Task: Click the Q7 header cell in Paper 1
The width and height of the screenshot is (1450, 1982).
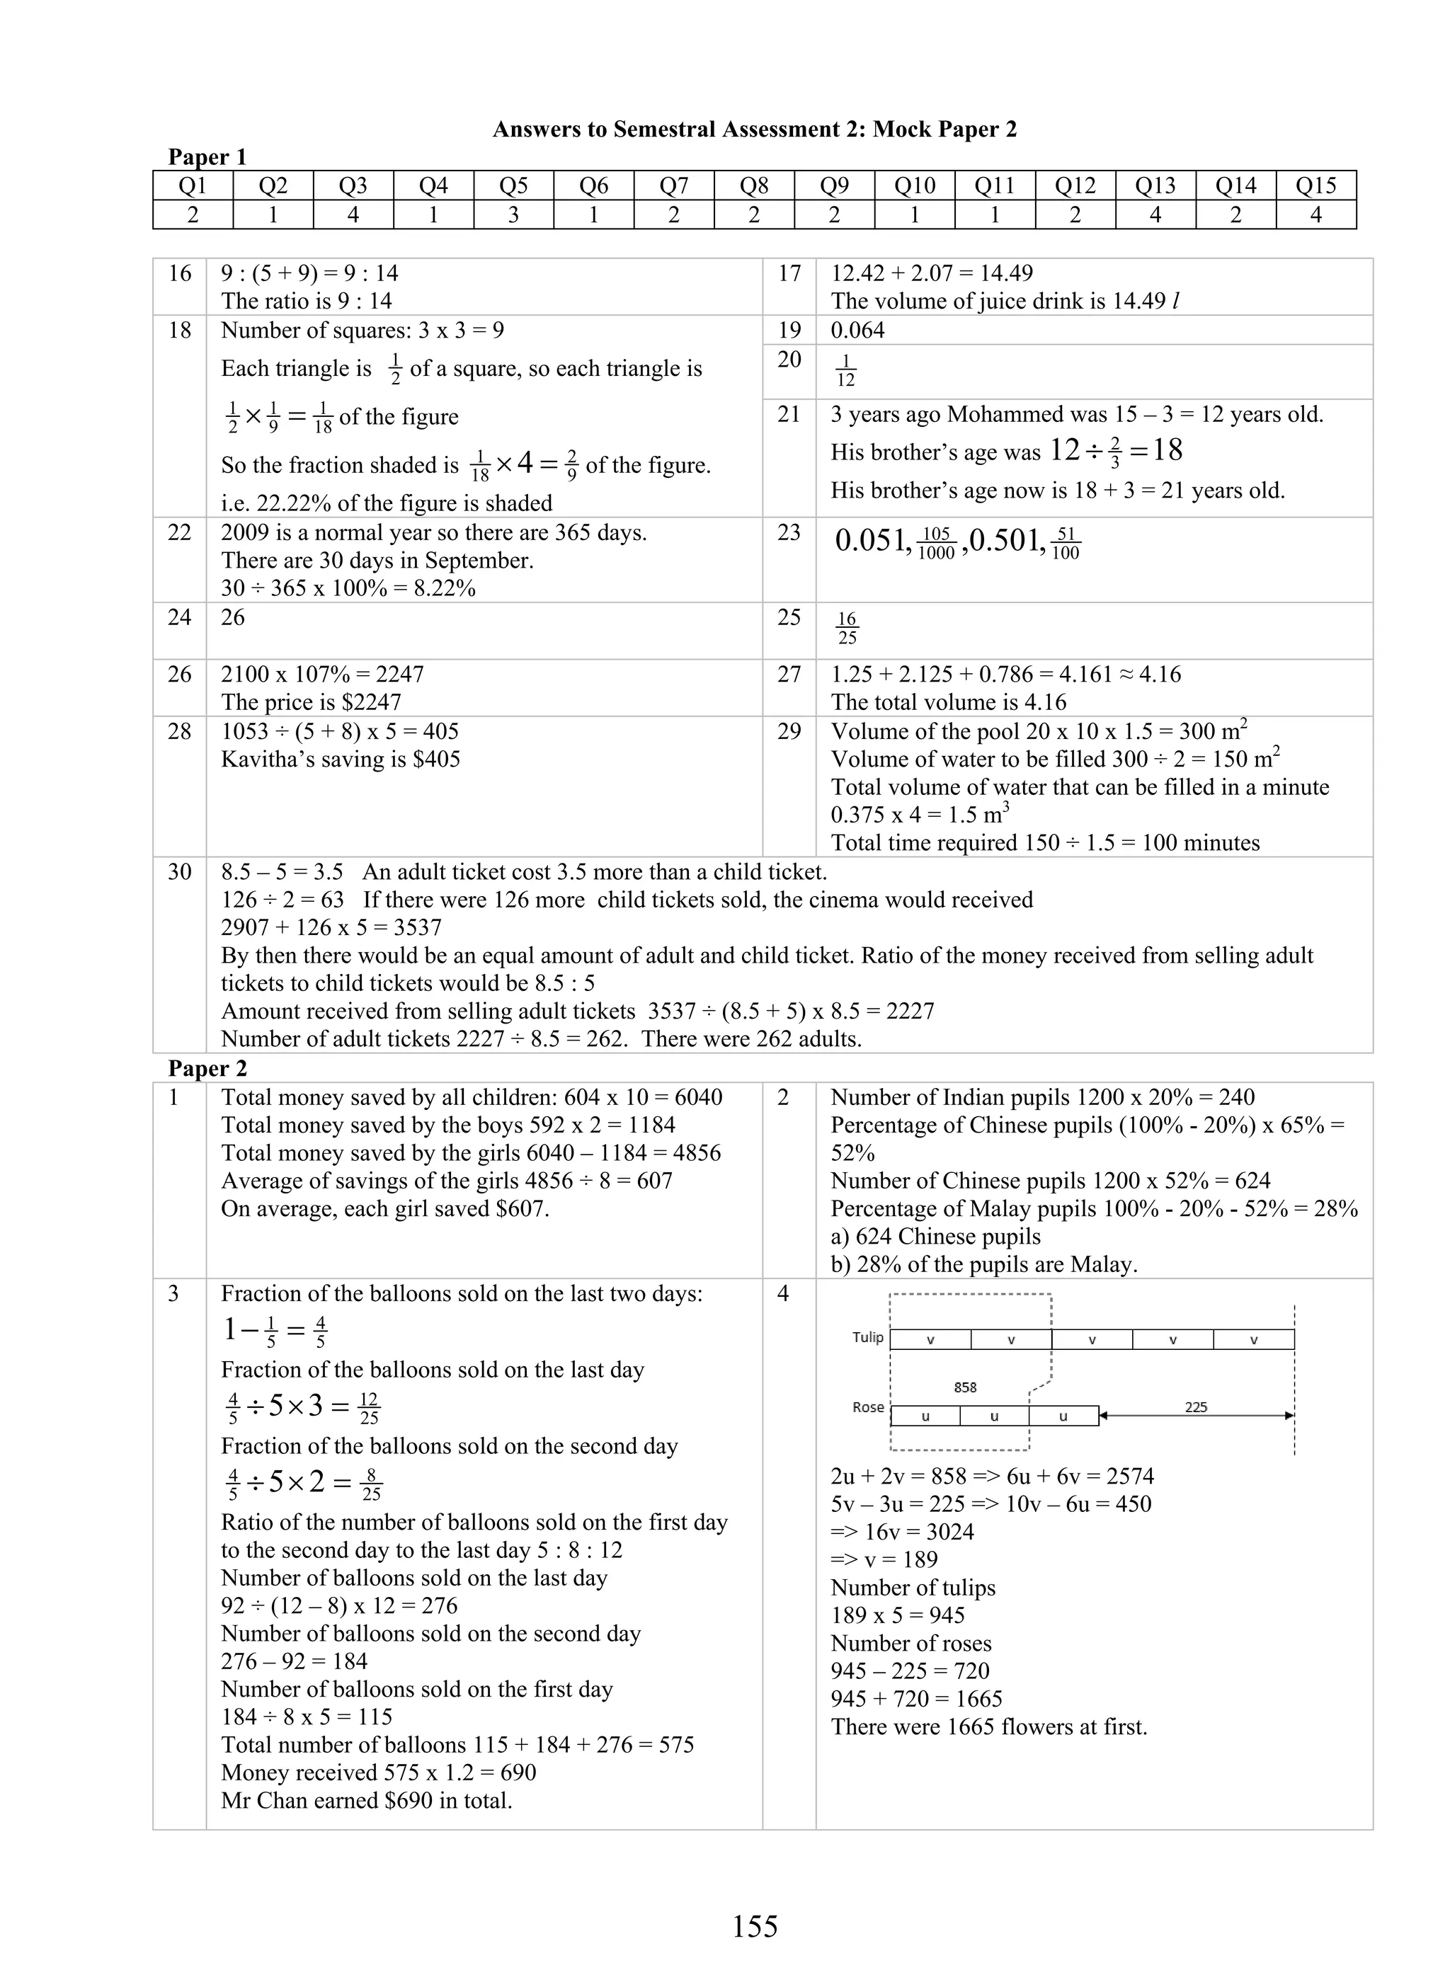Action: pyautogui.click(x=673, y=186)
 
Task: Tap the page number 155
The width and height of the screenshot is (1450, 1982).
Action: pyautogui.click(x=754, y=1926)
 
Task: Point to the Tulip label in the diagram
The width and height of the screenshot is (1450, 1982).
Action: pyautogui.click(x=867, y=1337)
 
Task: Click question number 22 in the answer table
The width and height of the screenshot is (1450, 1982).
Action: pyautogui.click(x=179, y=532)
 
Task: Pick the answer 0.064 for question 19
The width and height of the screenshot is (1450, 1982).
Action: pyautogui.click(x=857, y=331)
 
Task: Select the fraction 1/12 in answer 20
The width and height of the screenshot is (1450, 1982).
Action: pyautogui.click(x=845, y=370)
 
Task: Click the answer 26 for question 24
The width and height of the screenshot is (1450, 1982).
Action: pyautogui.click(x=234, y=618)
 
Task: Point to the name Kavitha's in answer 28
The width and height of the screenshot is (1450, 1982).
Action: pyautogui.click(x=263, y=759)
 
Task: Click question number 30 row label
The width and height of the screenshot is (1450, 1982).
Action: pyautogui.click(x=179, y=872)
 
